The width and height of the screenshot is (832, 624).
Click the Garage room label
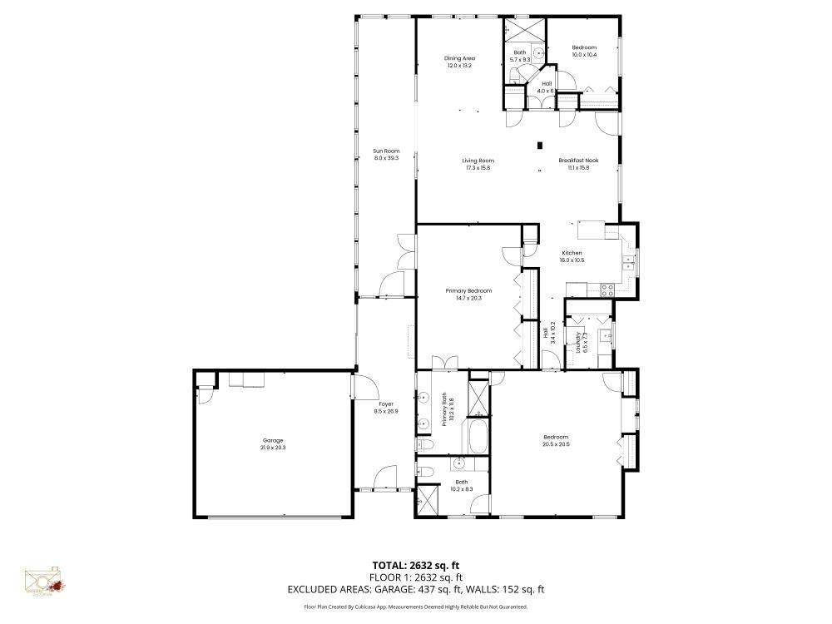pos(273,440)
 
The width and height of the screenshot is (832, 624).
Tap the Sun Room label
pos(386,151)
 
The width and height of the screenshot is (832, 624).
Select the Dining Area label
pos(459,58)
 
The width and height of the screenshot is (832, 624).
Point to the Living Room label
pos(478,160)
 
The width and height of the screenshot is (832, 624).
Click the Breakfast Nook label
pos(578,160)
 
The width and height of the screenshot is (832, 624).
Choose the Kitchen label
pos(572,253)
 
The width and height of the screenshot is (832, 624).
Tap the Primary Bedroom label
pos(468,290)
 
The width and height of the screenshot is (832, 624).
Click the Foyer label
pos(386,404)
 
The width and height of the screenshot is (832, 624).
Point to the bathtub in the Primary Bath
pos(478,436)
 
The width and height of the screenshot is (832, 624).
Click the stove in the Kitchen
pos(607,290)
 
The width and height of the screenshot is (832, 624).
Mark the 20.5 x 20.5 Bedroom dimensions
pos(556,444)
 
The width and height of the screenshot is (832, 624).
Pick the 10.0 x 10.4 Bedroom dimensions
pos(584,55)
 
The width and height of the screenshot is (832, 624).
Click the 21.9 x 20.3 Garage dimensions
pos(273,448)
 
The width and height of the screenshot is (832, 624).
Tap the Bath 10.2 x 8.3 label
pos(461,485)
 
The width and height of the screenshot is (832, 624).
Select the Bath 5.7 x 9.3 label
pos(520,56)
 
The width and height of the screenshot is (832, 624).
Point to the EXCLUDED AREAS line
pos(416,589)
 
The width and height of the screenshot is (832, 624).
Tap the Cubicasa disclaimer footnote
pos(416,607)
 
